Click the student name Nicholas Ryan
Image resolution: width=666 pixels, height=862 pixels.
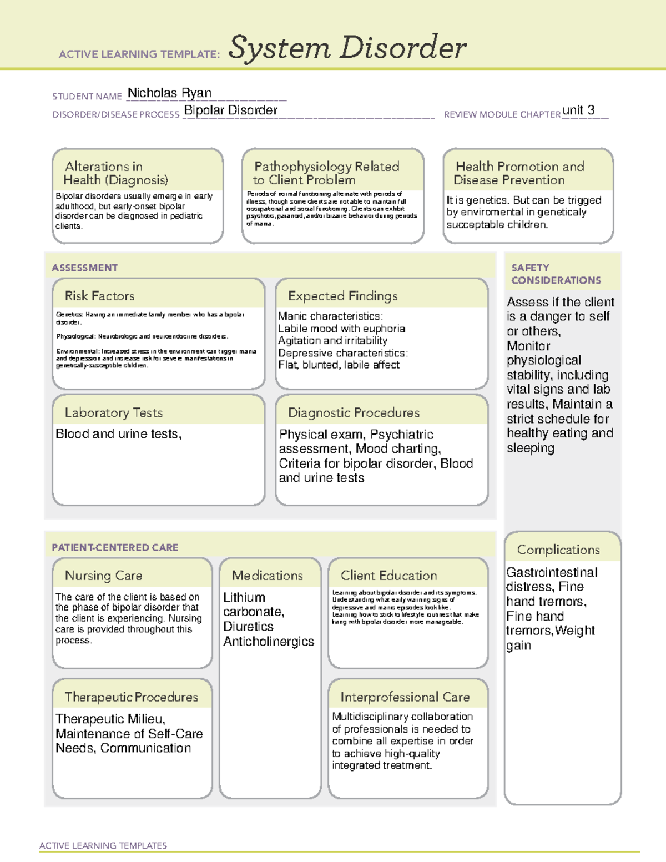(x=169, y=93)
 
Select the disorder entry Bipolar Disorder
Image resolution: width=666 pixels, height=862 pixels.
(x=230, y=110)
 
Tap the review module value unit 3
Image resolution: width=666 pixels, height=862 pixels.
(x=578, y=110)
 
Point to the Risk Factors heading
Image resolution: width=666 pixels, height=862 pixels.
(x=99, y=296)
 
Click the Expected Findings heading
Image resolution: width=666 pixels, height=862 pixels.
(x=342, y=296)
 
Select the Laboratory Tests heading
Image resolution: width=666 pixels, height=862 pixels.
(x=113, y=412)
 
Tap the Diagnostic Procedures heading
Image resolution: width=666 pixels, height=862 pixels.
(x=354, y=412)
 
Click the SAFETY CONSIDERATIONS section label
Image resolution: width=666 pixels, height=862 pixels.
(x=556, y=274)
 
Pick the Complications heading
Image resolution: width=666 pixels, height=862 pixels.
(x=558, y=550)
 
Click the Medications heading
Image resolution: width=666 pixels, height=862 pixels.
(x=268, y=576)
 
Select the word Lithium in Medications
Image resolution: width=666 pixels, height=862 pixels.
(x=244, y=597)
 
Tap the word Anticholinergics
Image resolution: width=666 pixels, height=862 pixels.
(x=269, y=641)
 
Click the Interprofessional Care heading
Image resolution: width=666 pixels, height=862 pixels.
(x=405, y=697)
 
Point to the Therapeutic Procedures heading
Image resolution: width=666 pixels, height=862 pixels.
(x=131, y=697)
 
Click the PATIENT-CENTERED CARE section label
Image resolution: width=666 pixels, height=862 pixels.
(x=115, y=547)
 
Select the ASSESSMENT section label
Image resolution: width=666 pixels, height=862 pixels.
(x=84, y=268)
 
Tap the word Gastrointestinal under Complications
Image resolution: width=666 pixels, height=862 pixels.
(x=552, y=572)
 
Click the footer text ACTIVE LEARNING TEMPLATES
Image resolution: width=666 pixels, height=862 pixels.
(x=103, y=845)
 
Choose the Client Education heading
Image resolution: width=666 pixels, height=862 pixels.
(x=389, y=576)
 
